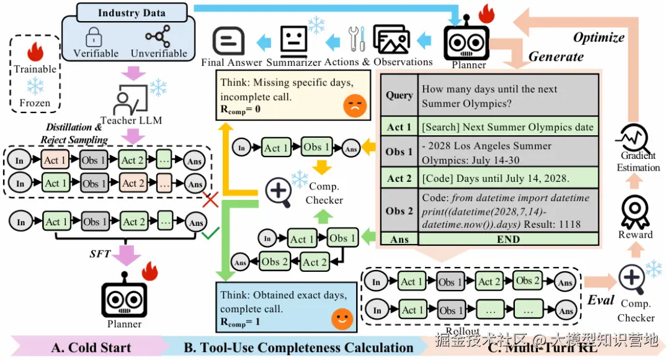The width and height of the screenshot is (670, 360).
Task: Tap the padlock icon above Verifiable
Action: (x=96, y=37)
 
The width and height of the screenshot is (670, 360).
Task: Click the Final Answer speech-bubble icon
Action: (x=230, y=41)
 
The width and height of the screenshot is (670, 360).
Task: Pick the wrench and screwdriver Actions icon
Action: (x=357, y=39)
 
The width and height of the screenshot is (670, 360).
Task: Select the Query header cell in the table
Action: (x=399, y=95)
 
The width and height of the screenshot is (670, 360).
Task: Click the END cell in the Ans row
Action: (x=507, y=240)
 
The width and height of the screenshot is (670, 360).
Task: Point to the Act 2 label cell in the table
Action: (x=399, y=178)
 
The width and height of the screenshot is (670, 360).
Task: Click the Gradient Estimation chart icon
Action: (x=637, y=137)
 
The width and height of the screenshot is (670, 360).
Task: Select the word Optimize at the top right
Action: (x=598, y=37)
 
